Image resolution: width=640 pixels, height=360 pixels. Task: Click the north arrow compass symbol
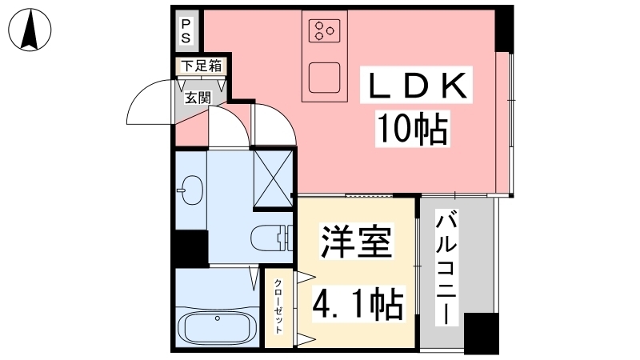tap(30, 30)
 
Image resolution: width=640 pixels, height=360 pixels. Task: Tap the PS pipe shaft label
tap(186, 31)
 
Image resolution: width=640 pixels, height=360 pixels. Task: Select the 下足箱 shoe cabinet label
tap(202, 66)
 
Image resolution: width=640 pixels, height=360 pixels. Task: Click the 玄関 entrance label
tap(198, 98)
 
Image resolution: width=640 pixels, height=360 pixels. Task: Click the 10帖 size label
tap(412, 129)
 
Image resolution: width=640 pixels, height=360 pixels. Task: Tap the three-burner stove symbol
tap(325, 30)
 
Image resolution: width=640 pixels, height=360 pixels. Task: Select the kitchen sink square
tap(325, 78)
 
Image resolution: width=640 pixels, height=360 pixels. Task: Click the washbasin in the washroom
tap(190, 190)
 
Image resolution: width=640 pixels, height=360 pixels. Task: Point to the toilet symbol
tap(271, 238)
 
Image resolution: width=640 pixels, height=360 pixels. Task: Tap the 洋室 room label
tap(356, 242)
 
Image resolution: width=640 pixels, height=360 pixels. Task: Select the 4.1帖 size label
tap(358, 303)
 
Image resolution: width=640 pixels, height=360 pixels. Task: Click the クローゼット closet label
tap(278, 306)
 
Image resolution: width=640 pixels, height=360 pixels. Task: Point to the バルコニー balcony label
tap(446, 267)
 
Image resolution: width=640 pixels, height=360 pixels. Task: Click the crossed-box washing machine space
tap(273, 178)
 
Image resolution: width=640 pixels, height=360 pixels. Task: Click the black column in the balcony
tap(482, 334)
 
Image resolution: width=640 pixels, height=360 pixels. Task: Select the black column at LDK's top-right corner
tap(504, 29)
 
